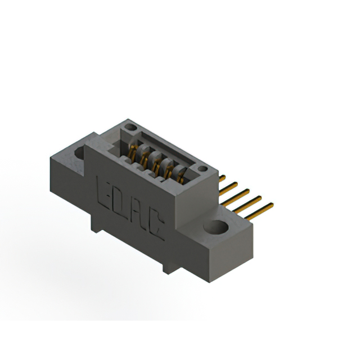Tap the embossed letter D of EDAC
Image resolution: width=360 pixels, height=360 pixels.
(119, 204)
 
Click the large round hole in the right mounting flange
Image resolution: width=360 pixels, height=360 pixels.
(216, 227)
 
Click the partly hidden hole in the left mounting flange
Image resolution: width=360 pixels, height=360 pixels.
(80, 152)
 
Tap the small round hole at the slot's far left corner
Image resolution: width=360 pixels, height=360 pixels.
(130, 127)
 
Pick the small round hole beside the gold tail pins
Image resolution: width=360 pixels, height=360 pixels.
(202, 169)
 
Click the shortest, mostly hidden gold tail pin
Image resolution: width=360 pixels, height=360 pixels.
(222, 178)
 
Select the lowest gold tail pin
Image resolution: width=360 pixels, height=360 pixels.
(259, 211)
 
